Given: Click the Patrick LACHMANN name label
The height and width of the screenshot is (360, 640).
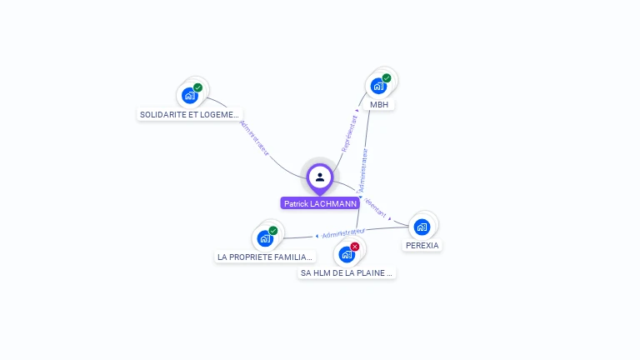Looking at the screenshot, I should click(320, 203).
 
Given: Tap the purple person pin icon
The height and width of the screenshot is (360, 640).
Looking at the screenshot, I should click(320, 177).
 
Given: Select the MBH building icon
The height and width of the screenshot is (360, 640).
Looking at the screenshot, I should click(379, 86).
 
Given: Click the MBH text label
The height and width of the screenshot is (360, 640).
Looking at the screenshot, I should click(379, 104).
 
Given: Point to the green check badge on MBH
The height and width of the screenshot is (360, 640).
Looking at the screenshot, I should click(387, 78).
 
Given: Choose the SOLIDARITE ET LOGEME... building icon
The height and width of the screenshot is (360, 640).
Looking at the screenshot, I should click(190, 95).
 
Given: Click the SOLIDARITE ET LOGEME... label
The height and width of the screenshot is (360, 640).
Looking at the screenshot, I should click(190, 114).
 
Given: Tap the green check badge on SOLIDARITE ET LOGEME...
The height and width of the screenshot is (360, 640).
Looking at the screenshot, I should click(197, 87).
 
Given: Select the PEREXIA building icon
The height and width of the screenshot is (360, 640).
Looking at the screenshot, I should click(422, 227).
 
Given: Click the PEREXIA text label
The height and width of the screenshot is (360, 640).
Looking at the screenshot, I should click(422, 245).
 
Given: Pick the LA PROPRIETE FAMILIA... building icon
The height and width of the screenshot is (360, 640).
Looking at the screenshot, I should click(265, 238).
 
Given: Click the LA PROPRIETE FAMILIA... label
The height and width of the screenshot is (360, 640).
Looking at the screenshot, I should click(265, 257).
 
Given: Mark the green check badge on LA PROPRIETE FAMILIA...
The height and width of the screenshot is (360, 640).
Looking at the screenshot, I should click(273, 231).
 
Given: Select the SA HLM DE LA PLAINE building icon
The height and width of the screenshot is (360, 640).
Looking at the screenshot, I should click(347, 254).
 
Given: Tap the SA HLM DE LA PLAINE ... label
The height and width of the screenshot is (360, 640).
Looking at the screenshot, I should click(347, 272).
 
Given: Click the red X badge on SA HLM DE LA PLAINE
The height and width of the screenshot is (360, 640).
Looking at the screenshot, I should click(355, 247).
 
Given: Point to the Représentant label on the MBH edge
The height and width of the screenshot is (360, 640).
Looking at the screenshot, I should click(349, 132).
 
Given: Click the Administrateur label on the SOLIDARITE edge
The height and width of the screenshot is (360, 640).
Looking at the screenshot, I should click(255, 138).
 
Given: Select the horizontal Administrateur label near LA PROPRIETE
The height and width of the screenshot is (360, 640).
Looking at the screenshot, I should click(343, 232).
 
